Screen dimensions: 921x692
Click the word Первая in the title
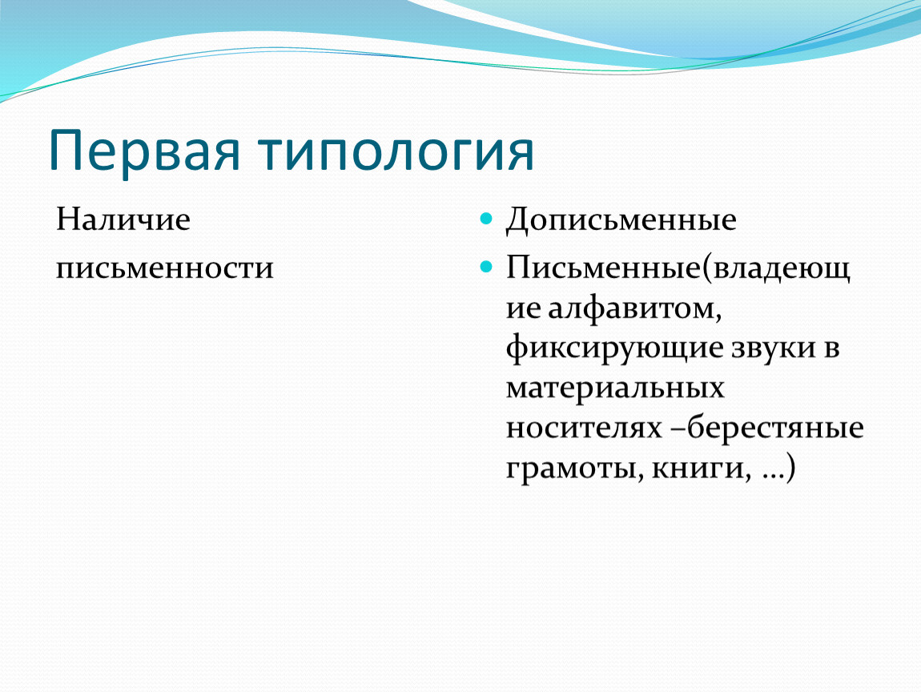[144, 151]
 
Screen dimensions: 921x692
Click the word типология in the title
[397, 151]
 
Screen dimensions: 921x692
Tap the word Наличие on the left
[123, 219]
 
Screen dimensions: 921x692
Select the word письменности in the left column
[164, 269]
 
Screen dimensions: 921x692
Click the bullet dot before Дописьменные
[486, 219]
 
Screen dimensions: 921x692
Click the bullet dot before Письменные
[486, 268]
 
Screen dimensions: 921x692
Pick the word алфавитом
[635, 308]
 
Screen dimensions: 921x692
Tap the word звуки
[773, 348]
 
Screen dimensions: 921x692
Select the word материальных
[615, 388]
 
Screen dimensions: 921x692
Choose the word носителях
[584, 428]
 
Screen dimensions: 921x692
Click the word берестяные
[775, 427]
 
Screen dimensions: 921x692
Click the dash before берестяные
[678, 429]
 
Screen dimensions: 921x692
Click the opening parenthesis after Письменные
[706, 268]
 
